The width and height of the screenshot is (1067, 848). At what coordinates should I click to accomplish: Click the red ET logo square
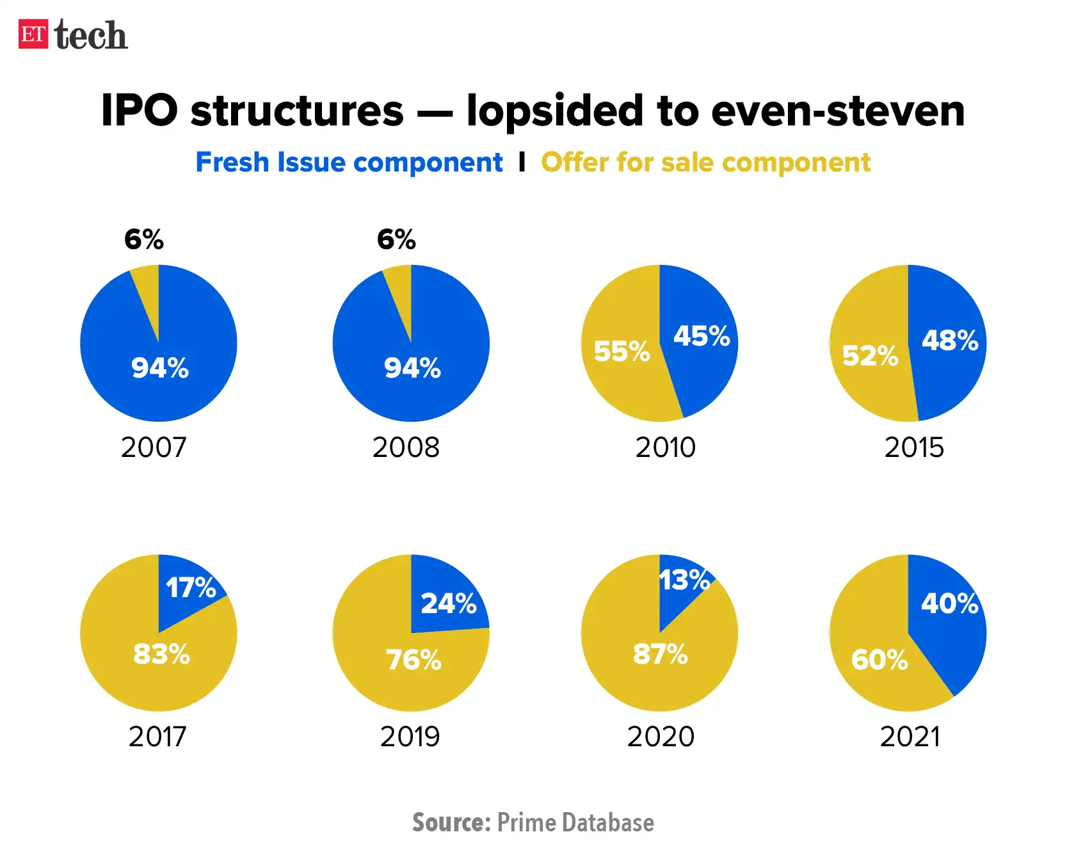click(33, 35)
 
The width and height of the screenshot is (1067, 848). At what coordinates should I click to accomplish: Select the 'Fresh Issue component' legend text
click(349, 163)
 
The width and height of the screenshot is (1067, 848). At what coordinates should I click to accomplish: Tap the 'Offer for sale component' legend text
click(705, 163)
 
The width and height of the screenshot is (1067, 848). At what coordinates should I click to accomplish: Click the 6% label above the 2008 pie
click(396, 240)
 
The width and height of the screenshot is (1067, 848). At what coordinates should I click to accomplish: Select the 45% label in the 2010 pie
click(701, 336)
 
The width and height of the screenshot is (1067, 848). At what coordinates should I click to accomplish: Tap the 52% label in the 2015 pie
click(870, 356)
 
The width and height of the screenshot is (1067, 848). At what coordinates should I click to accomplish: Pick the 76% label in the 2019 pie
click(413, 660)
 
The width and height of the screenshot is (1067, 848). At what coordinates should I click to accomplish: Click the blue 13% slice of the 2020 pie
click(678, 586)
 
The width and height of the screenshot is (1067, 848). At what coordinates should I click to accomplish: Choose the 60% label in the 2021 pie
click(879, 660)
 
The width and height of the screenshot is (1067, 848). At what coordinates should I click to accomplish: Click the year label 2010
click(665, 447)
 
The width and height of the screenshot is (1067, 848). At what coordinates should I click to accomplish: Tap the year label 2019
click(410, 737)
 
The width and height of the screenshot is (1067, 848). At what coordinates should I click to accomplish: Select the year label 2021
click(910, 737)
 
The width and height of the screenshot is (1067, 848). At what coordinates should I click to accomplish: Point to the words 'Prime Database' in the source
click(575, 822)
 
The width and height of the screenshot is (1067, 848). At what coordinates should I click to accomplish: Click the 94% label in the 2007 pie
click(160, 368)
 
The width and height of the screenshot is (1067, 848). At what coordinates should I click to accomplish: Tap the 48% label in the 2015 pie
click(949, 340)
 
